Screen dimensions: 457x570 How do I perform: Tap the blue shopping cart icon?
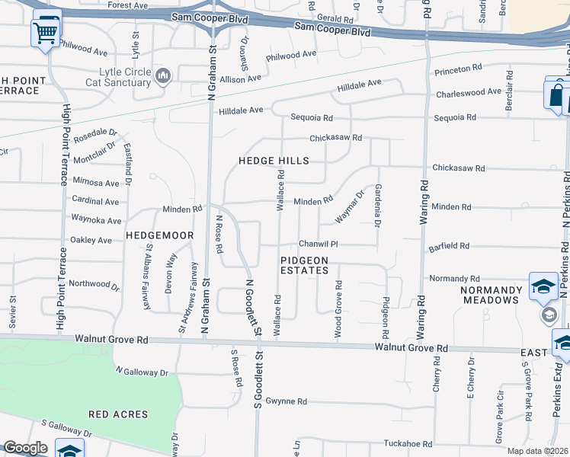tap(46, 32)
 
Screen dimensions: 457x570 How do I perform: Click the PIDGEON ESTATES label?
tap(304, 265)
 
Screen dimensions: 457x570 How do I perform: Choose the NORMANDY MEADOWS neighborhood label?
tap(492, 295)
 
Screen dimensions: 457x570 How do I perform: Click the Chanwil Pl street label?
tap(318, 244)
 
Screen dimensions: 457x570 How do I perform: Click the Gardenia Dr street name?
tap(377, 206)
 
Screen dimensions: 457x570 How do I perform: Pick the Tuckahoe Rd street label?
tap(408, 444)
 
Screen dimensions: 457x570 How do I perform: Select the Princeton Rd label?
tap(458, 69)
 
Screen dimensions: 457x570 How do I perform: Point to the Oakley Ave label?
tap(91, 240)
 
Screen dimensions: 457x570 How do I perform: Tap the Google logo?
tap(26, 448)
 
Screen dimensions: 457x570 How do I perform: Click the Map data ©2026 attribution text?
tap(537, 451)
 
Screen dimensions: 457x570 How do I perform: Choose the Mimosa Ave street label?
tap(96, 183)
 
